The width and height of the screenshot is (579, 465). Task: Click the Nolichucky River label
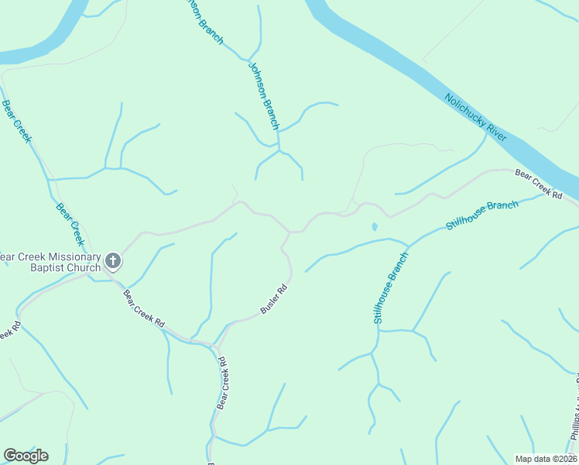coord(475,118)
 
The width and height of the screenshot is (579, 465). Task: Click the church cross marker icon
coord(113,261)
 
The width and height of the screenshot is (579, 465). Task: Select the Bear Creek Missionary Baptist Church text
coord(50,262)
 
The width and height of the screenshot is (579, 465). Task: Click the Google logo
coord(26,455)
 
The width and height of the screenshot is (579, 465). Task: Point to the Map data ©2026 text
coord(546,459)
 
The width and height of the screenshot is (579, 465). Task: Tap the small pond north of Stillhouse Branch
coord(375,227)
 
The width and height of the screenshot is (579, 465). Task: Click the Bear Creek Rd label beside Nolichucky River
coord(538,184)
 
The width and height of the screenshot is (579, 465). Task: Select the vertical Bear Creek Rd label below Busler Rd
coord(222,382)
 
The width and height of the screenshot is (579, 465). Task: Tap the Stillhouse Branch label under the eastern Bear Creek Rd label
coord(481,215)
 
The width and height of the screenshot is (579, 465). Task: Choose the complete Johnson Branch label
coord(263,95)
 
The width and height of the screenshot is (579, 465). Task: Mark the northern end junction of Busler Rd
coord(289,231)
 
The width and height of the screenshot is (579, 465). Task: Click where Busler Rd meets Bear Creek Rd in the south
coord(215,343)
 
